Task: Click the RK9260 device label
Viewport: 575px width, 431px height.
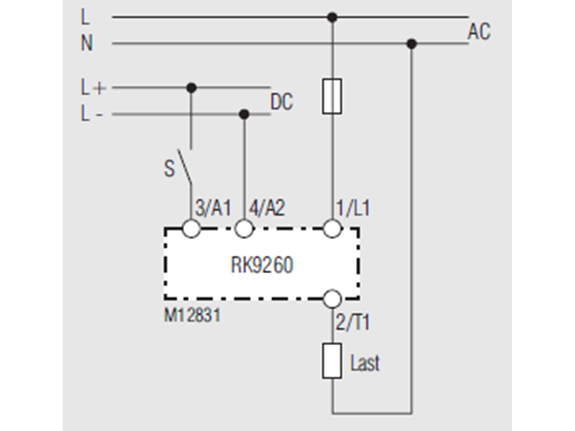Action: point(262,264)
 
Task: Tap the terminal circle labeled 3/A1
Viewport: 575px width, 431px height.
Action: point(191,229)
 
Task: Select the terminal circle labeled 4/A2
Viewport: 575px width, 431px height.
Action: point(243,229)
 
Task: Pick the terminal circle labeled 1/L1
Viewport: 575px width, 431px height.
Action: point(332,229)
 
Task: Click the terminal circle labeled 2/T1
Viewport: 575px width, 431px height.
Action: point(332,298)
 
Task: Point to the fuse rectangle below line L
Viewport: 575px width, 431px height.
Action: point(332,96)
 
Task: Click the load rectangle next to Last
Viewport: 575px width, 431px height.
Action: point(332,361)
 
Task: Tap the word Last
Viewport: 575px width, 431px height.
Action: point(365,363)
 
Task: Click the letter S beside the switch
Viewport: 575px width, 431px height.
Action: point(169,169)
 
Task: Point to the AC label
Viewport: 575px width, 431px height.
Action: point(479,32)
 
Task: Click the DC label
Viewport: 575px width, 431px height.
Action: point(282,102)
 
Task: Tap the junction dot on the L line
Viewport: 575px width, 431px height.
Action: point(332,17)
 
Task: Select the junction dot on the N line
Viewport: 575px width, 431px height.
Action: point(411,43)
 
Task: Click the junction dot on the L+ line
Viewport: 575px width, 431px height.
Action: point(190,87)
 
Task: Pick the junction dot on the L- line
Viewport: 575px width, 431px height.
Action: point(243,114)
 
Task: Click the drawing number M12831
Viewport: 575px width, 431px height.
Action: point(192,315)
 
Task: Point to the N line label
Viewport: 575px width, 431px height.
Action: point(86,43)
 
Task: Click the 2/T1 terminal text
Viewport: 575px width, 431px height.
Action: point(352,322)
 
